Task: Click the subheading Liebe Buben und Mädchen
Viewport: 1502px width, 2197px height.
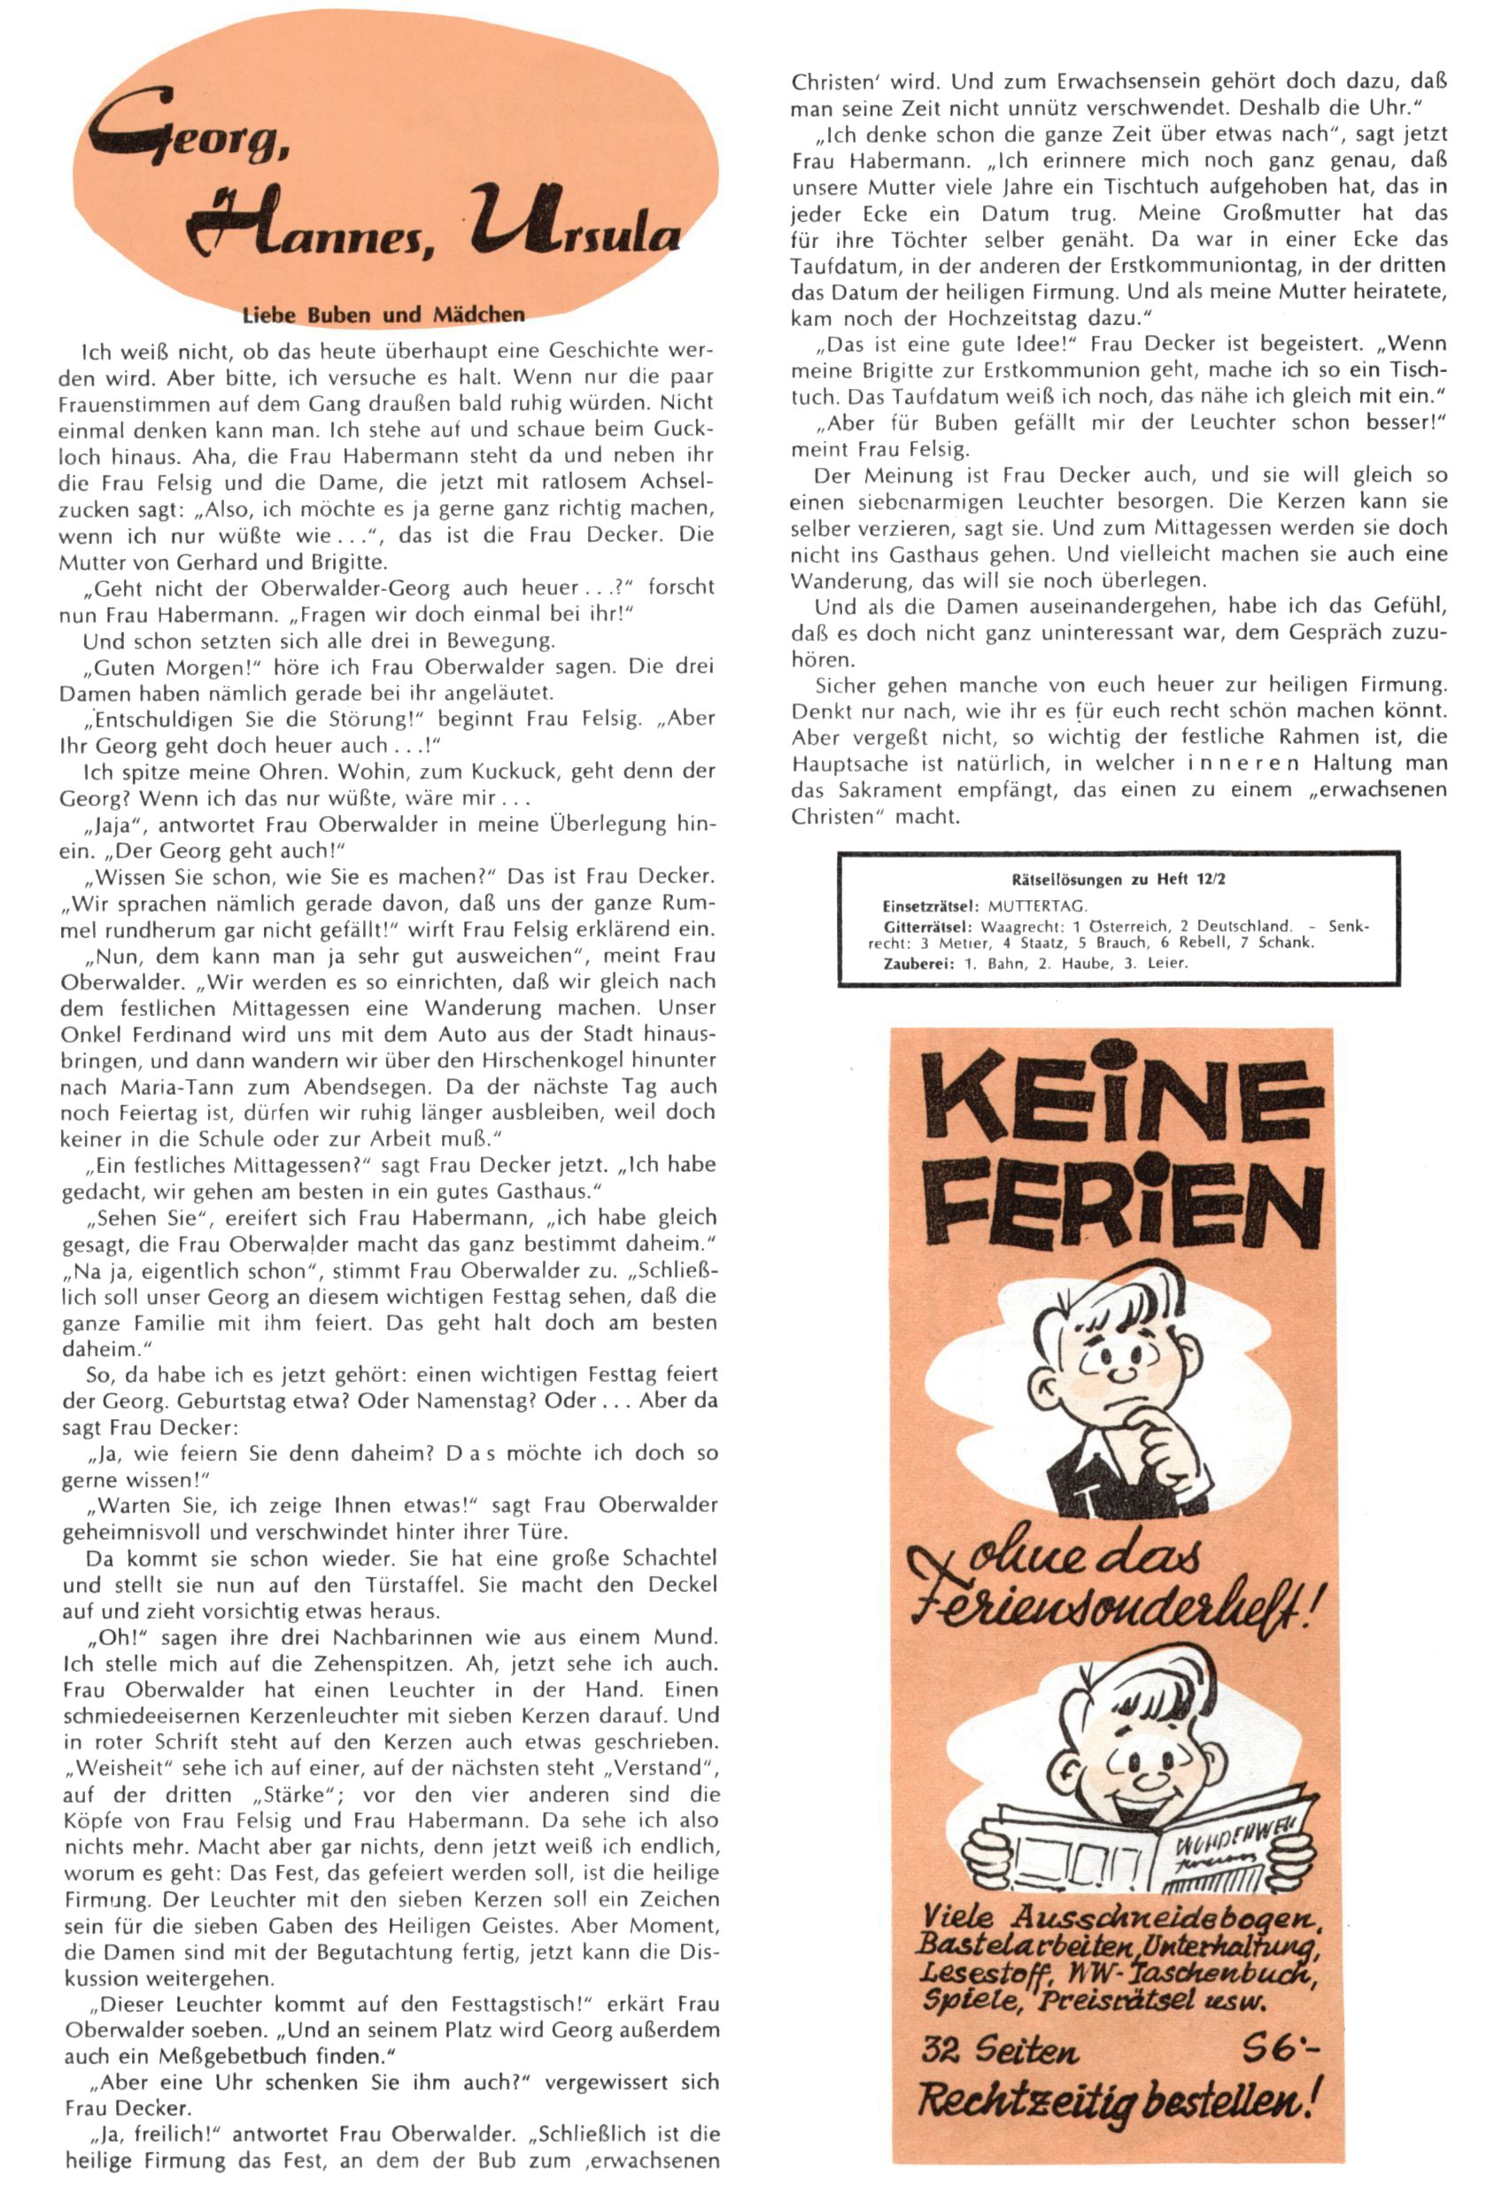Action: tap(383, 314)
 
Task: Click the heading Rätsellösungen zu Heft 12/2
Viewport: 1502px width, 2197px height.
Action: tap(1119, 878)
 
